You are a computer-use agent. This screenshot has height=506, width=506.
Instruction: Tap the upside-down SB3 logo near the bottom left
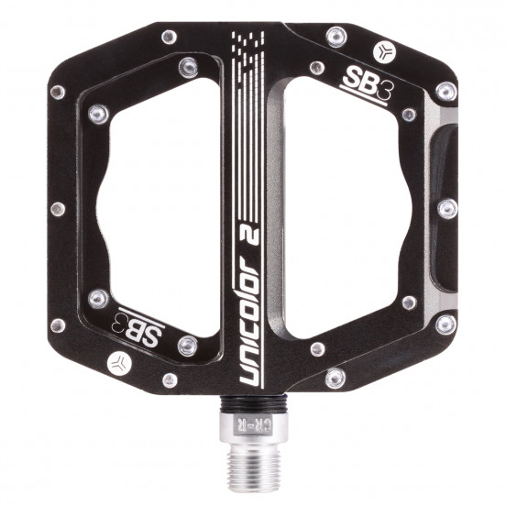(137, 327)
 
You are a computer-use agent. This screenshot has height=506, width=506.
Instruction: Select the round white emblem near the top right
(384, 51)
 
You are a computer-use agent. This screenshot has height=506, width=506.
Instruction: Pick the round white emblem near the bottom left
(119, 363)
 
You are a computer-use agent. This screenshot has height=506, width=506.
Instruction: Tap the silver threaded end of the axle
(252, 467)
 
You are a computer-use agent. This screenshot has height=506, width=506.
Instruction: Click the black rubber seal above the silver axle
(254, 404)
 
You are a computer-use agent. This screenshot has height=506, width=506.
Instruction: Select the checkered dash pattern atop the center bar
(247, 45)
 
